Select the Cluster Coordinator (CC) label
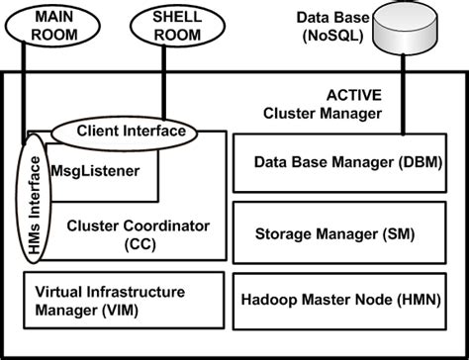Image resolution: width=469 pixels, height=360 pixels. click(137, 234)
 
